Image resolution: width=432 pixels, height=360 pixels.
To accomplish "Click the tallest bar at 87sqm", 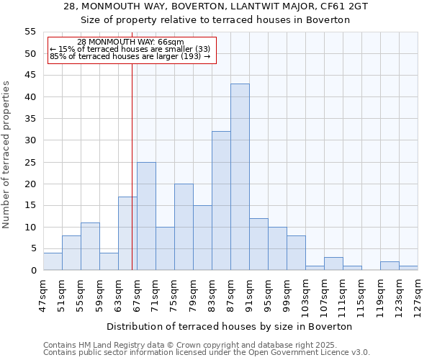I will coord(240,177).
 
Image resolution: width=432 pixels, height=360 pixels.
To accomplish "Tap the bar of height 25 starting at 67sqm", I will coord(146,216).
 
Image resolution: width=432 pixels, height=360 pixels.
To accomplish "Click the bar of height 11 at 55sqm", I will coord(90,246).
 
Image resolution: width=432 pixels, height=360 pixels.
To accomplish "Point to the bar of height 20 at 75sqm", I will coord(184,227).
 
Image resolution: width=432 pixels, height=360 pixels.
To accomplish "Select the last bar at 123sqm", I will coord(408,268).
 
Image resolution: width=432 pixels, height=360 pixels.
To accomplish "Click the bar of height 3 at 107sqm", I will coord(333,264).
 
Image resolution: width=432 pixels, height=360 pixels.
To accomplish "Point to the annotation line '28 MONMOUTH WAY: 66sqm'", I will coord(130,42).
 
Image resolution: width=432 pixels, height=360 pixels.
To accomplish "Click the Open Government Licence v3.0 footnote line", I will coord(207,352).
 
